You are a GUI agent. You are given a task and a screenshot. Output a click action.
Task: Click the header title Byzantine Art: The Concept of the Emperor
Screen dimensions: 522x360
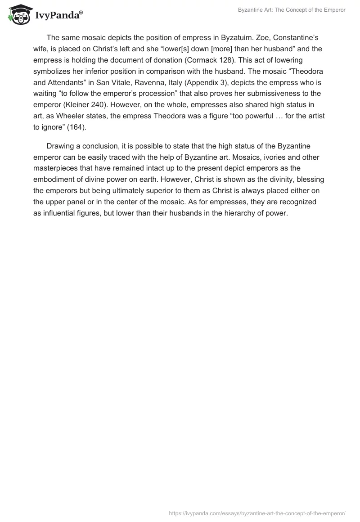click(x=291, y=10)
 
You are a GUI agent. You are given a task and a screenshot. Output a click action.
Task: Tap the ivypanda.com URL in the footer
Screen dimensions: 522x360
click(x=257, y=513)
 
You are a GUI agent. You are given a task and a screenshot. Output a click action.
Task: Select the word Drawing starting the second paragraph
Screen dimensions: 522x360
click(x=61, y=147)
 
